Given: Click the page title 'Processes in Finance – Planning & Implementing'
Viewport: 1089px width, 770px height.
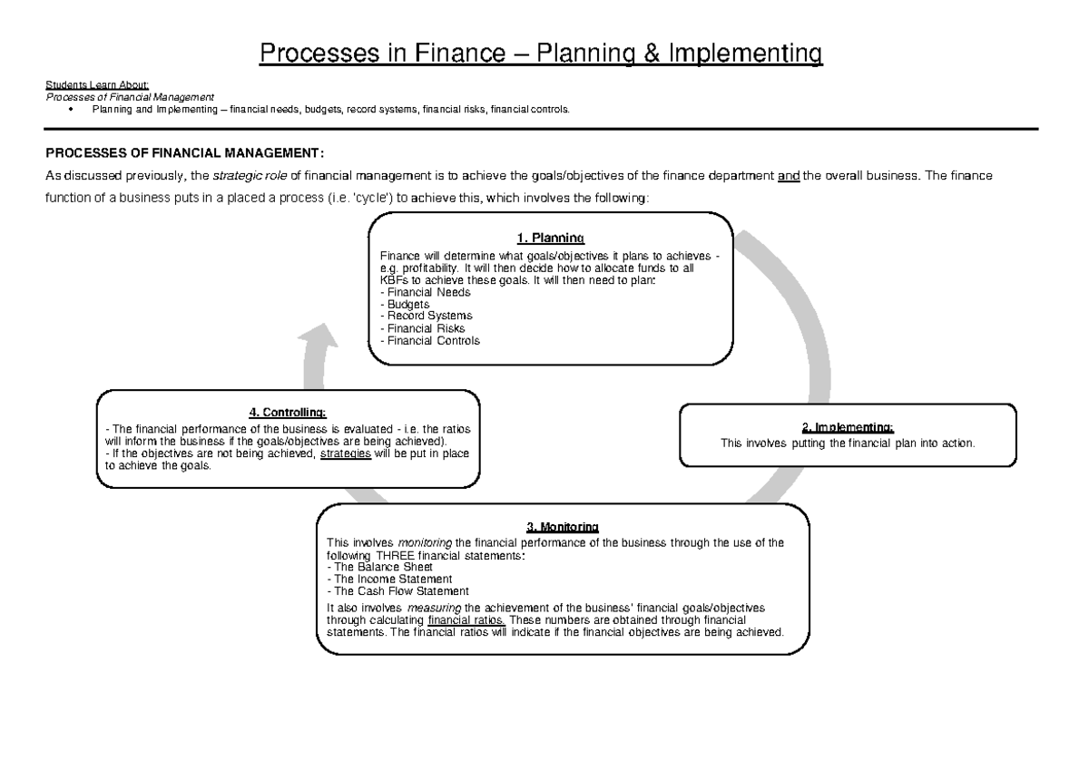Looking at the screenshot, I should coord(542,54).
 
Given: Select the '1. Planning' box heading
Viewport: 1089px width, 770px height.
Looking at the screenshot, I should coord(549,239).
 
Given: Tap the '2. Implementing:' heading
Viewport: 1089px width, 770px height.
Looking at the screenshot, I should coord(848,427).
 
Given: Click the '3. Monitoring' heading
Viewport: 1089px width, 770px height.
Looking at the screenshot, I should coord(562,527).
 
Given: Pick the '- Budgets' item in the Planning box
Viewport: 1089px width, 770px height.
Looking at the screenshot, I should coord(406,304).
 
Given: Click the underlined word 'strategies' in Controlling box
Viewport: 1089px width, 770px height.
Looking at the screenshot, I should coord(347,453).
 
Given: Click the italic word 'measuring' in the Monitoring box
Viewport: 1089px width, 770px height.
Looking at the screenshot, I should coord(434,608).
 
